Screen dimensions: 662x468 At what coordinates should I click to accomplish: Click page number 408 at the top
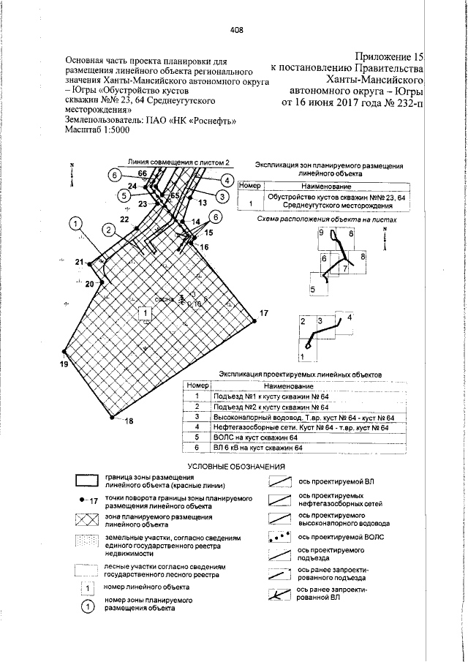coord(235,31)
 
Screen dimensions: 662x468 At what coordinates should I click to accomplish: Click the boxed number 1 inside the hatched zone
coord(146,313)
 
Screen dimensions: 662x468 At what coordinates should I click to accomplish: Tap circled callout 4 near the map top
coord(227,180)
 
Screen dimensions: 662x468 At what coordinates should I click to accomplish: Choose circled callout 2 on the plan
coord(108,230)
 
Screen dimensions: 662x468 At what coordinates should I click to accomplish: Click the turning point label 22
coord(124,219)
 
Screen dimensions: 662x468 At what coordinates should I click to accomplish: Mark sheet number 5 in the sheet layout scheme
coord(313,290)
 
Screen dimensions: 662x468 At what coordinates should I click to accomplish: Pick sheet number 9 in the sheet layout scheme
coord(321,232)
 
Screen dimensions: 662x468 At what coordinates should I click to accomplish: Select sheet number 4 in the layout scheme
coord(350,317)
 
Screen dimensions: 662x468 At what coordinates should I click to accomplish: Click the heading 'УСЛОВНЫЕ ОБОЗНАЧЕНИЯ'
coord(235,466)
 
